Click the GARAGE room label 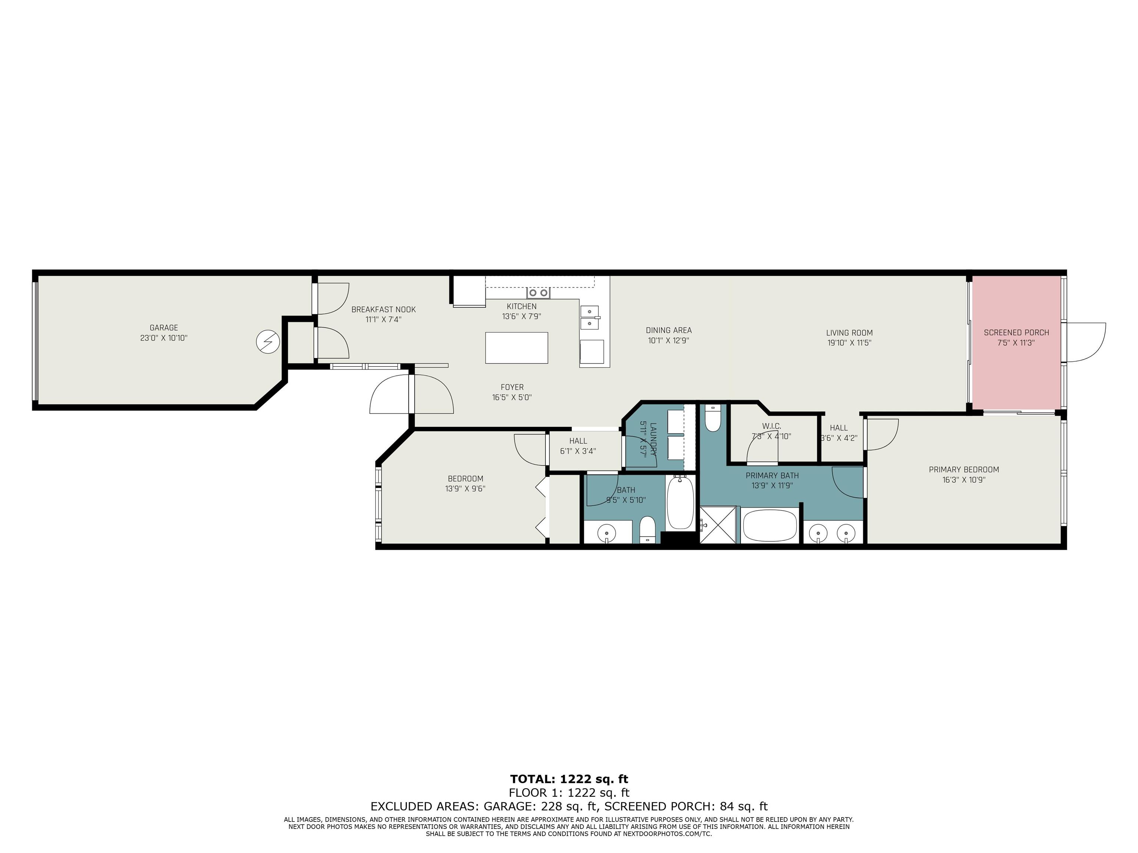tap(164, 328)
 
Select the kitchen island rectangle tap(516, 348)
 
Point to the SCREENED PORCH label tap(1016, 333)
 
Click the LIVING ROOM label tap(849, 333)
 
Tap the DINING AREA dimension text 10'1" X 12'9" tap(668, 340)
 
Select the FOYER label tap(512, 387)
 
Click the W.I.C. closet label tap(771, 426)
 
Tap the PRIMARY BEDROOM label tap(964, 469)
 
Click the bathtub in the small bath tap(680, 502)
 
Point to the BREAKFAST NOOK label tap(383, 310)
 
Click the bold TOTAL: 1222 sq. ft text tap(569, 779)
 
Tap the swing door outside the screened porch tap(1085, 342)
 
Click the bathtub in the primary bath tap(770, 525)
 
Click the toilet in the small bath tap(648, 529)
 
